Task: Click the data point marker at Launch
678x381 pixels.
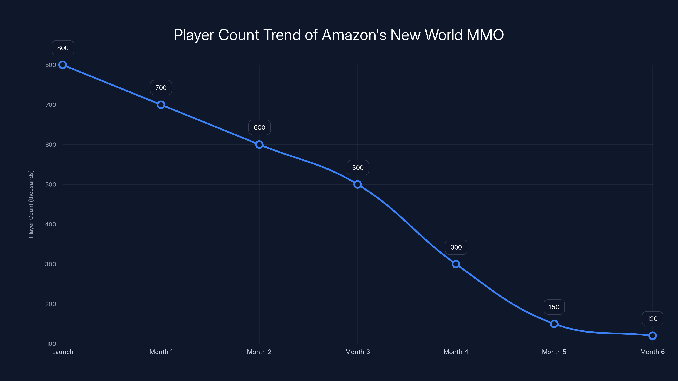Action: [63, 65]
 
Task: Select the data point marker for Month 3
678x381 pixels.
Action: [357, 184]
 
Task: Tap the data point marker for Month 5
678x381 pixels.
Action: [554, 324]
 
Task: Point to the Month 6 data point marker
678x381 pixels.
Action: [652, 336]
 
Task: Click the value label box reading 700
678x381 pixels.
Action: [161, 88]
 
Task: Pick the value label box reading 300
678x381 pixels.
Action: [456, 247]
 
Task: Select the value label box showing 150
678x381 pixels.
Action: [554, 307]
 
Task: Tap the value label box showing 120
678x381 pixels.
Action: [652, 319]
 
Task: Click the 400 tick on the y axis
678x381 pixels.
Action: [51, 224]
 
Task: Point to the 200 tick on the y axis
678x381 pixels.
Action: [51, 304]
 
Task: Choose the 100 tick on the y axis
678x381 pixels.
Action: [51, 344]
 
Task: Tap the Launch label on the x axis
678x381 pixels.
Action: [63, 352]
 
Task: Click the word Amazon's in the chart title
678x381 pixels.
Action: [354, 35]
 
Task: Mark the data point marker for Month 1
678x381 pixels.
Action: [161, 105]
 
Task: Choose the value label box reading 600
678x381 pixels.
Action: [259, 127]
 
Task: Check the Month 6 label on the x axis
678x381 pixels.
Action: [652, 352]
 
